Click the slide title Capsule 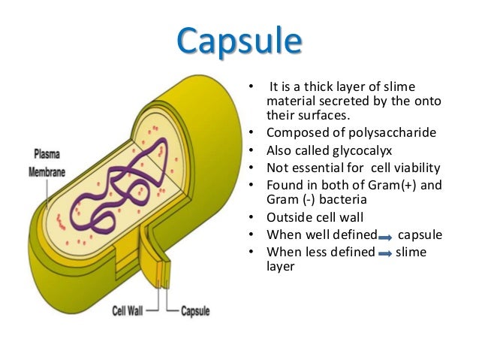tap(241, 41)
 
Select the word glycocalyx tap(365, 150)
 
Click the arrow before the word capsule tap(385, 236)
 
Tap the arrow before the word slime tap(385, 253)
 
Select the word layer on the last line tap(281, 267)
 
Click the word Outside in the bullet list tap(289, 218)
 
